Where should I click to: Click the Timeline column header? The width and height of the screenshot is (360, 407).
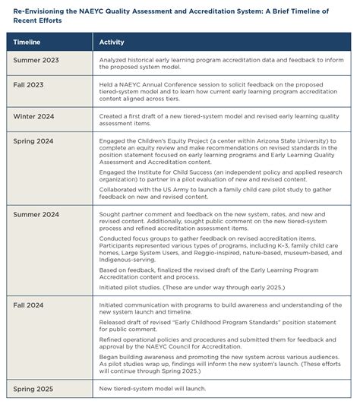coord(30,43)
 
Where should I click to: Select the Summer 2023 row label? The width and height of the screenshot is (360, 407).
coord(36,59)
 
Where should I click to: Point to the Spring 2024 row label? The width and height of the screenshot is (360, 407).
coord(34,140)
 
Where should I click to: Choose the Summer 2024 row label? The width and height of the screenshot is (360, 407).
coord(37,216)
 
